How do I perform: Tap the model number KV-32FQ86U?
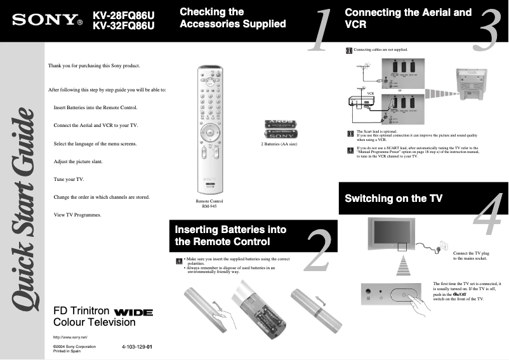coord(124,26)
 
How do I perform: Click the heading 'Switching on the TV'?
coord(393,199)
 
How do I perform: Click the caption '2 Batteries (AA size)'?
coord(279,144)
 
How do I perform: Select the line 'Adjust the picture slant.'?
coord(83,161)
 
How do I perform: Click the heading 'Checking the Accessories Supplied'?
coord(232,18)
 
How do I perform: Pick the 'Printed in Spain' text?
coord(67,351)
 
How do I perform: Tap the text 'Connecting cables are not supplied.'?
coord(380,49)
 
